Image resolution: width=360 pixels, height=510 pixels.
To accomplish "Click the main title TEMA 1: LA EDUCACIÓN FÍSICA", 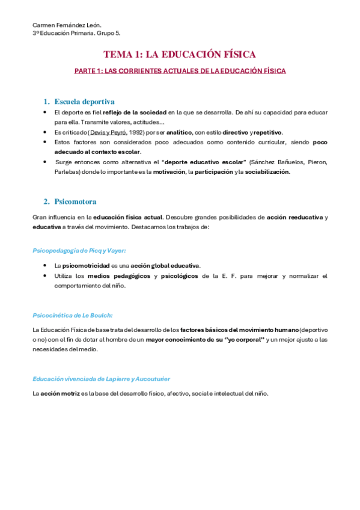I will (180, 54).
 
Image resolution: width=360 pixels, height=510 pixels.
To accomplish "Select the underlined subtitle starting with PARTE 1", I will (180, 71).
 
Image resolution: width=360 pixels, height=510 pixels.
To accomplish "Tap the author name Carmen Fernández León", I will (67, 25).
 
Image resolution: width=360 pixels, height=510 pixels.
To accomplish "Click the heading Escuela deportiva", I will (84, 101).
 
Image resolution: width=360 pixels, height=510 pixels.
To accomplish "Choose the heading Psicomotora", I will (75, 201).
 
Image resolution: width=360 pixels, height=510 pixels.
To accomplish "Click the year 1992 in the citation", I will (147, 132).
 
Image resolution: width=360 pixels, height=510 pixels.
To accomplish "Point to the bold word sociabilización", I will (267, 172).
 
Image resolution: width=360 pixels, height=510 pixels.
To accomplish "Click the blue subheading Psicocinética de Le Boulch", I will (73, 315).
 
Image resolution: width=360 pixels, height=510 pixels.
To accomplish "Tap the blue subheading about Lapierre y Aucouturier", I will (102, 379).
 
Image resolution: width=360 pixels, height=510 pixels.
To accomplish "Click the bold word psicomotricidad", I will (86, 265).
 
